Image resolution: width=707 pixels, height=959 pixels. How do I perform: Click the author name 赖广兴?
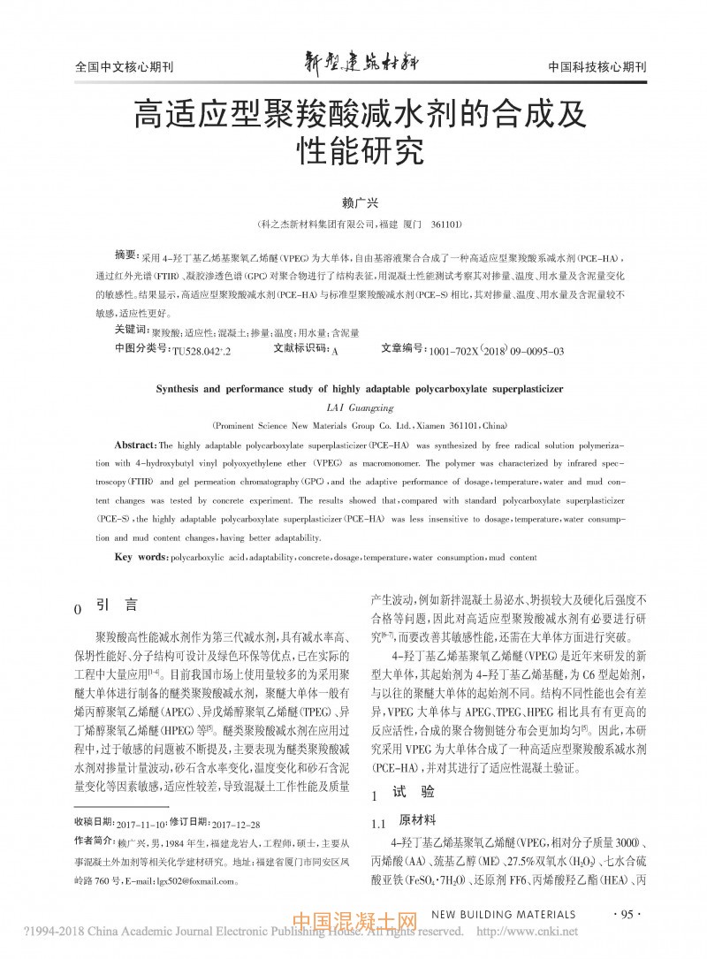353,202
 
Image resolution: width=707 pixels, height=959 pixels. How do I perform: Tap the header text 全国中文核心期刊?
112,67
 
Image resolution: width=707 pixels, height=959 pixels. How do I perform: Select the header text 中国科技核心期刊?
597,67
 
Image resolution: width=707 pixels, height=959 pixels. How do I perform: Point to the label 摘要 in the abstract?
128,254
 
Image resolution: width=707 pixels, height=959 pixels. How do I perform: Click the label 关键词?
132,331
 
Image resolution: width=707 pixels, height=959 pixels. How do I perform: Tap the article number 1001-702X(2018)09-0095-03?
496,350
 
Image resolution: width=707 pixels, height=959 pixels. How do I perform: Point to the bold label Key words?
141,558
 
